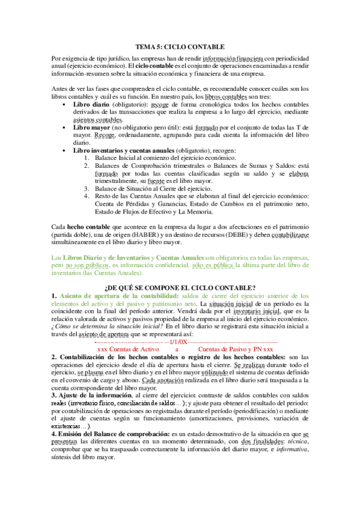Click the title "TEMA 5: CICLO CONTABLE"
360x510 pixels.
click(x=180, y=46)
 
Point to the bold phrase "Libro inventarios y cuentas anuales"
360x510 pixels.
click(x=127, y=150)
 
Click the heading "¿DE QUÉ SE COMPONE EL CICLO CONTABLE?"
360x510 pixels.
click(x=180, y=287)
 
